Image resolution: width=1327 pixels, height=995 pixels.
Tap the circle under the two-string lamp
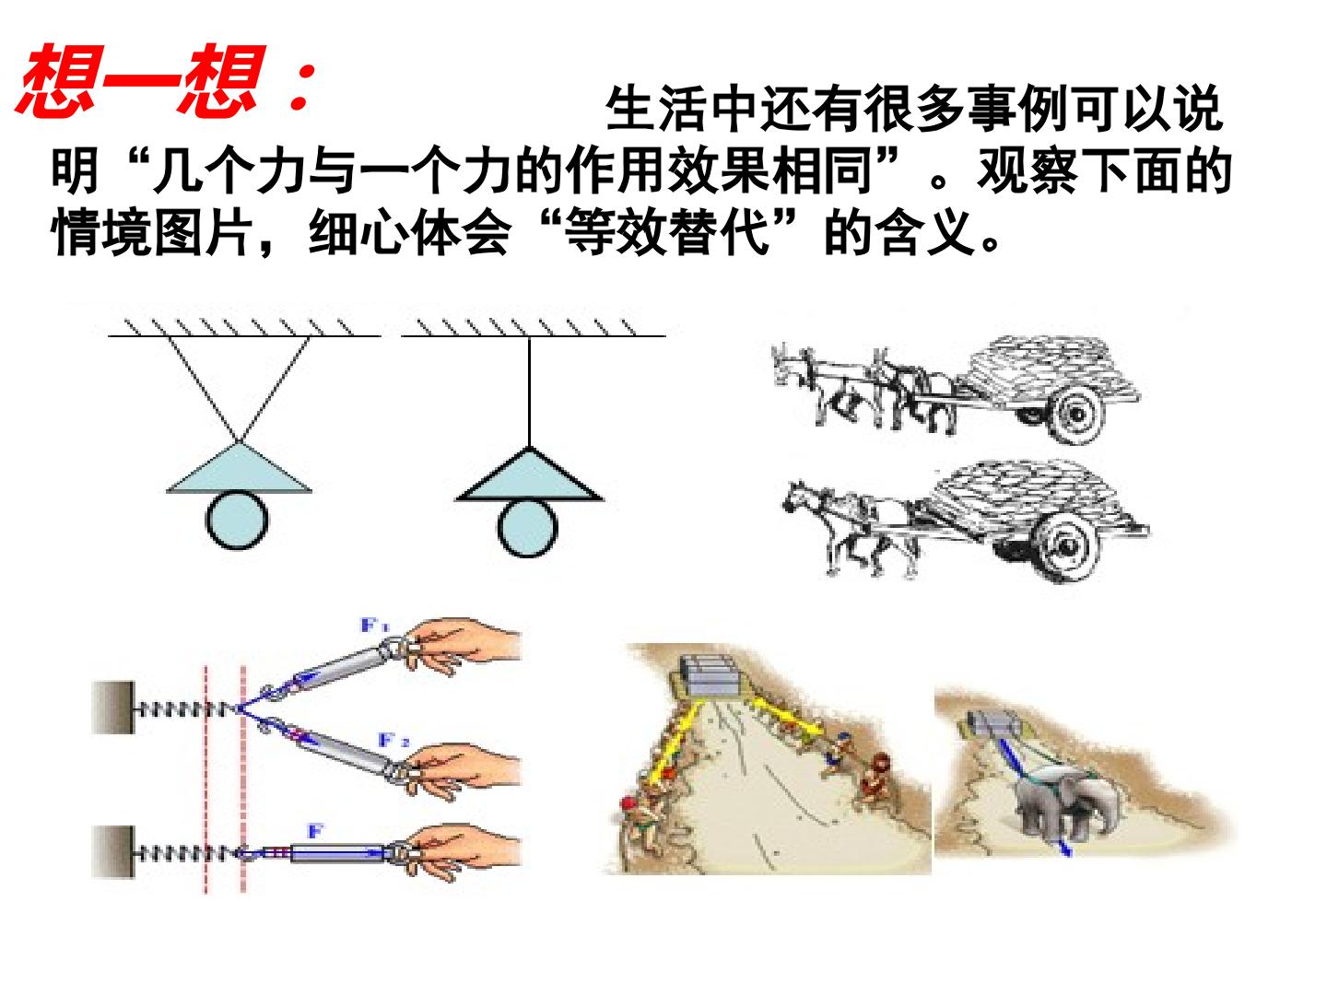[x=238, y=520]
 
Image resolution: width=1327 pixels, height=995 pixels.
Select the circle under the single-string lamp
[x=527, y=529]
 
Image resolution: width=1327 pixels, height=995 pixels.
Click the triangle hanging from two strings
[x=240, y=468]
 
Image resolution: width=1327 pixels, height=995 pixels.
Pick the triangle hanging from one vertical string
[x=530, y=474]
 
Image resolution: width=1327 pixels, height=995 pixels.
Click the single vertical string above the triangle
[x=530, y=392]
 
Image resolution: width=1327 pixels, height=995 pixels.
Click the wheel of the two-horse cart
[x=1078, y=414]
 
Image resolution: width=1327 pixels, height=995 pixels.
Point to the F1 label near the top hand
[x=375, y=626]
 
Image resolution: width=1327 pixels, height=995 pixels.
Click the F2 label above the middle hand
[x=393, y=740]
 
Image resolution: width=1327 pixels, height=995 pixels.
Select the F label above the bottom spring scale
[x=315, y=831]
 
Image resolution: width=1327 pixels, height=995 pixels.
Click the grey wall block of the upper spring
[x=113, y=708]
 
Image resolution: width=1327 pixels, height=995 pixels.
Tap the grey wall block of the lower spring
[x=113, y=852]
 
